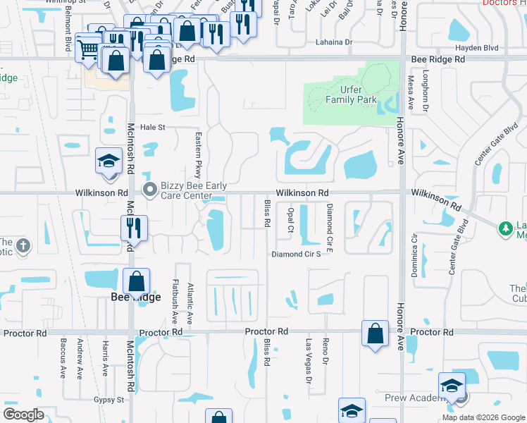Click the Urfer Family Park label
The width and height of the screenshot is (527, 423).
[x=351, y=94]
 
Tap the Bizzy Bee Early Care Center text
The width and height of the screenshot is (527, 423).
[x=193, y=190]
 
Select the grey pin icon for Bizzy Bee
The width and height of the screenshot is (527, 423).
[x=149, y=189]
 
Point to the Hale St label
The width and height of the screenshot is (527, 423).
[x=152, y=128]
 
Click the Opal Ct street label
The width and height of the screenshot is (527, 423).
[x=290, y=219]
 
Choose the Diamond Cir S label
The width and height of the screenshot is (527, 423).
[x=297, y=254]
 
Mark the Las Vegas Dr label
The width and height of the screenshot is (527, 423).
[x=309, y=361]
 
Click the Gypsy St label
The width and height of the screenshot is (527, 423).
[x=110, y=399]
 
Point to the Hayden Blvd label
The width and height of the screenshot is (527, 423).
[x=476, y=48]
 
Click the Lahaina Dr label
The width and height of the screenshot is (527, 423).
[x=333, y=42]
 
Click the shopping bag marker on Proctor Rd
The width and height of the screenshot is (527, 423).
[x=376, y=333]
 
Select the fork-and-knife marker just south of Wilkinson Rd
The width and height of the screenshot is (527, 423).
[x=133, y=228]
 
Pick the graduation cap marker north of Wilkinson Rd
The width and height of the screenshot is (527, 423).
[x=109, y=161]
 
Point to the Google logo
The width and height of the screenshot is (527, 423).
[x=23, y=415]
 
